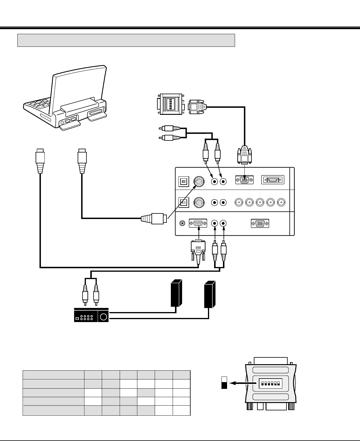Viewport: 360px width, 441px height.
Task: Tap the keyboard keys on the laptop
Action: pyautogui.click(x=40, y=105)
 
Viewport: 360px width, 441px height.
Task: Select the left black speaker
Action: pyautogui.click(x=176, y=293)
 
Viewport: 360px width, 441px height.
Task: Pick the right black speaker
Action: pyautogui.click(x=210, y=294)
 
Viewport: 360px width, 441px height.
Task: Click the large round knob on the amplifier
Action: pyautogui.click(x=104, y=317)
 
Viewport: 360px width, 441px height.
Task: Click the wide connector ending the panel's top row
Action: pyautogui.click(x=273, y=180)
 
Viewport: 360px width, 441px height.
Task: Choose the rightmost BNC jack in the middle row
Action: pyautogui.click(x=281, y=203)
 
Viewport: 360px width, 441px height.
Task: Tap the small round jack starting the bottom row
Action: pyautogui.click(x=183, y=223)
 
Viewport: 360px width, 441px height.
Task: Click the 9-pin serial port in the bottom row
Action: pyautogui.click(x=198, y=223)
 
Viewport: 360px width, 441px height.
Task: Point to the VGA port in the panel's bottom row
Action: pyautogui.click(x=260, y=223)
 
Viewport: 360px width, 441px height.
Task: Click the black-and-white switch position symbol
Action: pyautogui.click(x=224, y=383)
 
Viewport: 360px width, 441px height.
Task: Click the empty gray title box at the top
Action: pyautogui.click(x=126, y=40)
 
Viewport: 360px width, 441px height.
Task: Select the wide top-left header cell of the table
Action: pyautogui.click(x=54, y=375)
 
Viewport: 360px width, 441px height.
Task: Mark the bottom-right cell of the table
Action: pyautogui.click(x=181, y=410)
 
